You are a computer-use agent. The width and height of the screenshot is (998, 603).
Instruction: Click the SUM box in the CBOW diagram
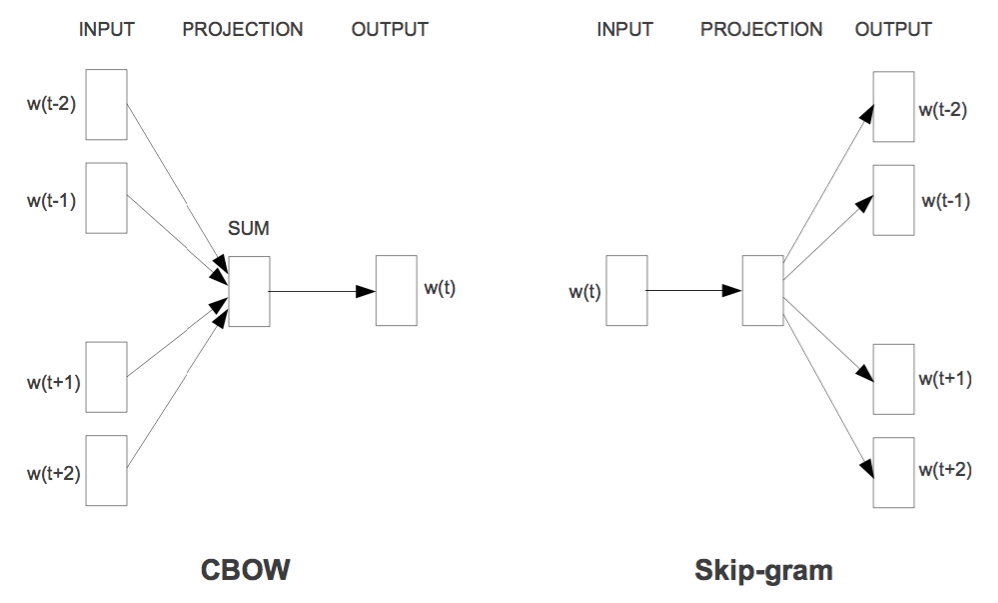click(249, 291)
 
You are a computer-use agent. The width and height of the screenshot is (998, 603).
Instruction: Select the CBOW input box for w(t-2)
click(106, 104)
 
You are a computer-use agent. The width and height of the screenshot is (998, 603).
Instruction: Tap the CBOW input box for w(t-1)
click(106, 198)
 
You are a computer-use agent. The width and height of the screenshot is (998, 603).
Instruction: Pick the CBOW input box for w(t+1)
click(106, 377)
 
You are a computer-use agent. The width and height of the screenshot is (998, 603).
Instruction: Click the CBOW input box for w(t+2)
click(106, 470)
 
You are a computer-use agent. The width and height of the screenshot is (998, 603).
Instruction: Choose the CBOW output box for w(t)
click(396, 291)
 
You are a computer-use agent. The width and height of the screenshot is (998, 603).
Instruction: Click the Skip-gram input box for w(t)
click(626, 291)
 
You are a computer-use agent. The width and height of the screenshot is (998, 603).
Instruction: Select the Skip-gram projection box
click(762, 291)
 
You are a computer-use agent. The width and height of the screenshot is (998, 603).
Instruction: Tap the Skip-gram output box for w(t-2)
click(893, 106)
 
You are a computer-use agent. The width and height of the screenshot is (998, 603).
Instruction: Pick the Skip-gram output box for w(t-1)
click(893, 200)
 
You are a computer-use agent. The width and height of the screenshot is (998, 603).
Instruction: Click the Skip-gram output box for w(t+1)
click(893, 378)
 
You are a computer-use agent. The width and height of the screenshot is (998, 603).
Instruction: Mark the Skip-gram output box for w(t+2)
click(893, 471)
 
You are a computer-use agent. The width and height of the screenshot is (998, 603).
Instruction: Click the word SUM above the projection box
click(249, 230)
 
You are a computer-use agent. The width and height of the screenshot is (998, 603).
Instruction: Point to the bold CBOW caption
click(246, 570)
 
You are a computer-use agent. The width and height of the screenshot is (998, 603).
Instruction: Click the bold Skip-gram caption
click(763, 571)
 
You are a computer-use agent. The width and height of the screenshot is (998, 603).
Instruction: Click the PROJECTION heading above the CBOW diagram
click(243, 29)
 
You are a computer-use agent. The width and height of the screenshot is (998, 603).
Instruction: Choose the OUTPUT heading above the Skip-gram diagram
click(893, 29)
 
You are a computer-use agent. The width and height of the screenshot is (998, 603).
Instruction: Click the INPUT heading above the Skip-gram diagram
click(624, 29)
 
